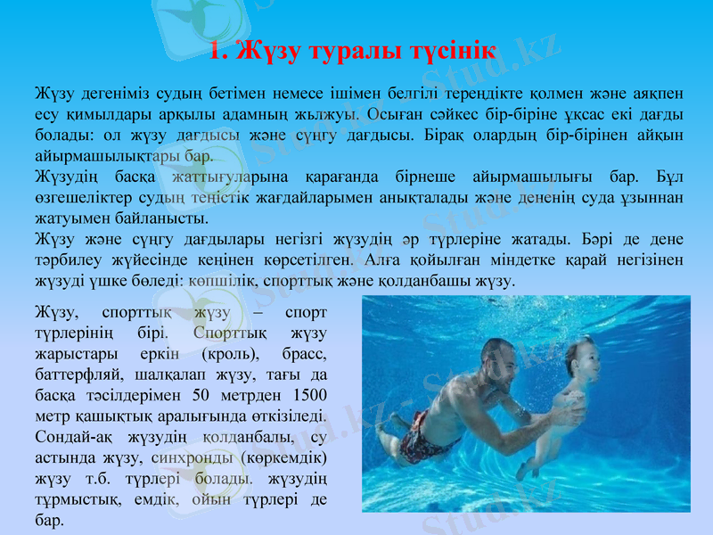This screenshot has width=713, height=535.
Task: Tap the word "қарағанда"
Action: click(x=341, y=177)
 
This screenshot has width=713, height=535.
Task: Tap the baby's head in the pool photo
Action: click(x=583, y=357)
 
